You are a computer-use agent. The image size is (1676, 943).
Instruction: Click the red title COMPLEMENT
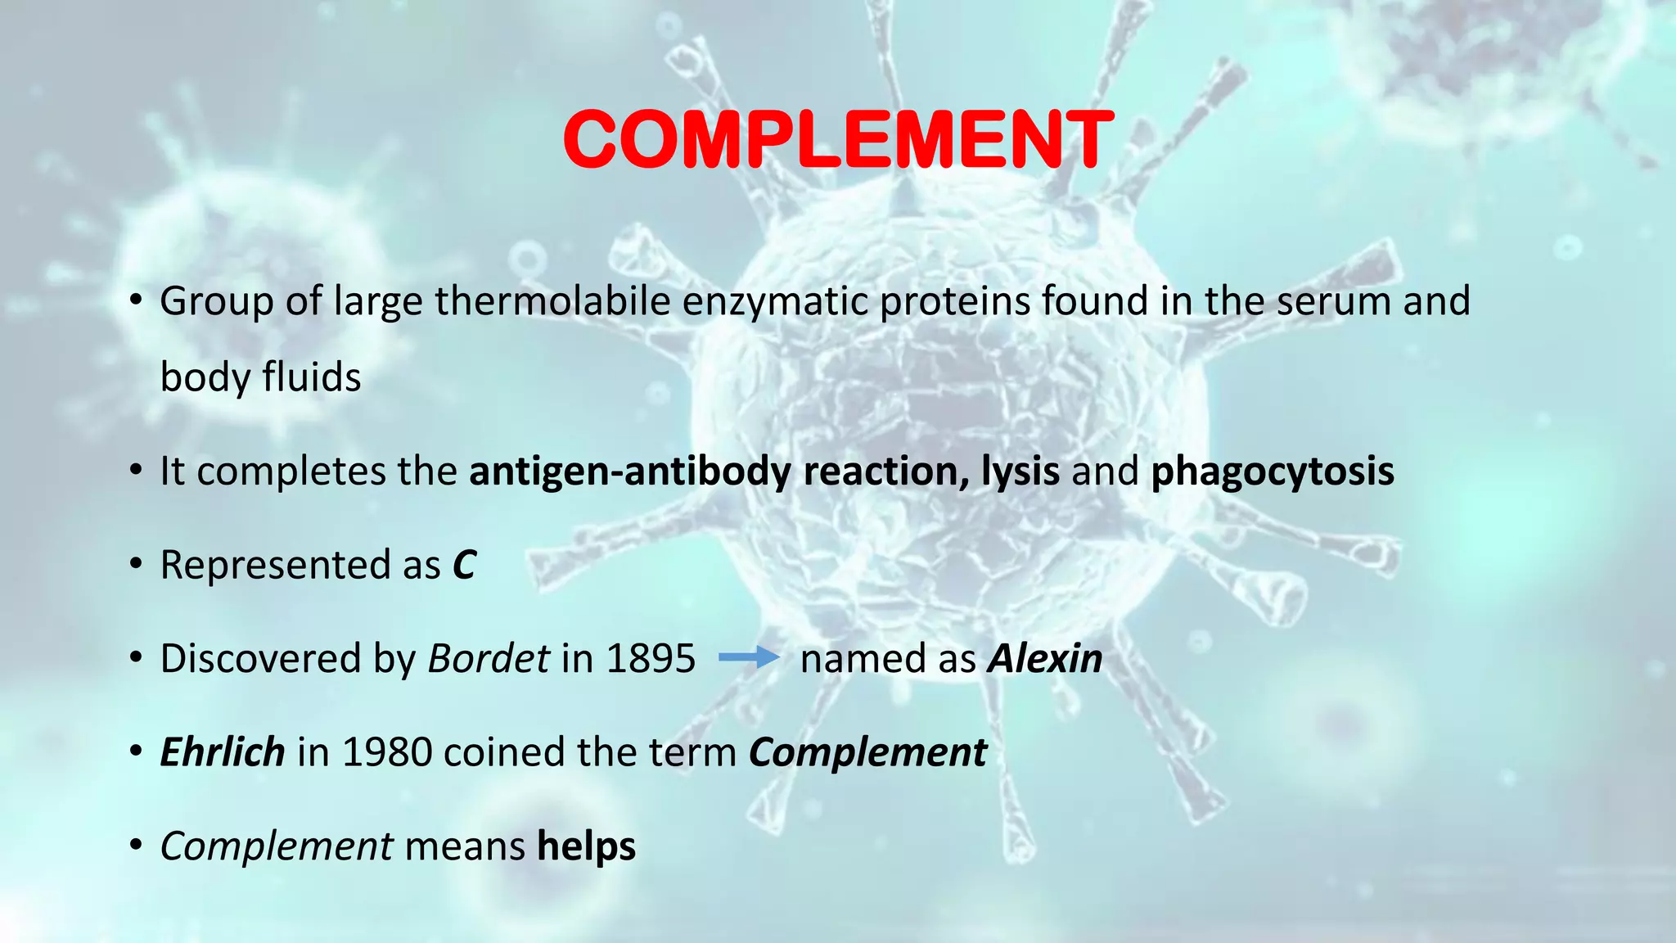coord(838,141)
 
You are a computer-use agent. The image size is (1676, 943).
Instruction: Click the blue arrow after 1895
coord(749,657)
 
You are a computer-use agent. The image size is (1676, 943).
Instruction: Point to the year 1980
coord(386,752)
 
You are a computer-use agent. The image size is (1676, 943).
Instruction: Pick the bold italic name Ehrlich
coord(223,752)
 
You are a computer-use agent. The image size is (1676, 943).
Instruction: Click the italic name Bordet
coord(489,659)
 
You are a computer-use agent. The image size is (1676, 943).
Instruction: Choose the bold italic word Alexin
coord(1045,659)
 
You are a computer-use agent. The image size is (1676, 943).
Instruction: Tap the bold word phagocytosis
coord(1273,472)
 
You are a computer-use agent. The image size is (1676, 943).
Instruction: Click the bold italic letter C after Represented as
coord(464,566)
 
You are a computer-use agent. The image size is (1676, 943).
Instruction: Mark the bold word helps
coord(586,846)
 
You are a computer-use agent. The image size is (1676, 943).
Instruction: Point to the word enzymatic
coord(774,301)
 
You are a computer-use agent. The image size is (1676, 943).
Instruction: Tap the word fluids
coord(312,378)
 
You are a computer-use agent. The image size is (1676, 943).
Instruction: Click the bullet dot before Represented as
coord(137,566)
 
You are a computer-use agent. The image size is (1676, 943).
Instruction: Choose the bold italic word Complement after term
coord(867,752)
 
